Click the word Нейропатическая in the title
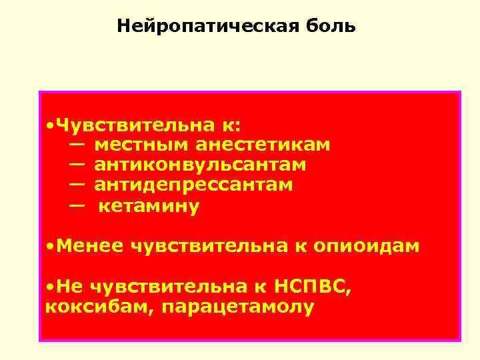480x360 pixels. click(200, 26)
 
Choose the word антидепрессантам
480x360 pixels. click(193, 183)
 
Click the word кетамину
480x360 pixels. click(149, 207)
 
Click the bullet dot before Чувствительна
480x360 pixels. click(51, 125)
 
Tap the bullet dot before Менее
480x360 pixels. click(51, 247)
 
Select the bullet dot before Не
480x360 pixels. click(51, 287)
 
